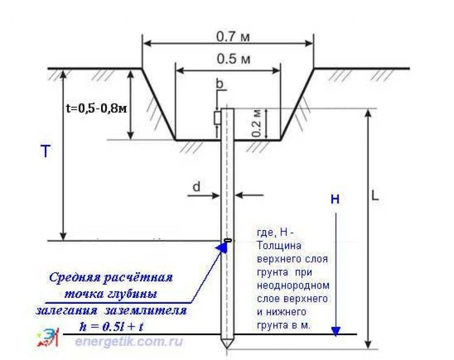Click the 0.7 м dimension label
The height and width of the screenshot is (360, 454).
[233, 37]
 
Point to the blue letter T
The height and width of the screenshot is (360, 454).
[46, 152]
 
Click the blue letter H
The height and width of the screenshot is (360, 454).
[335, 200]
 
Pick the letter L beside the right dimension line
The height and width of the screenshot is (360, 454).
[375, 196]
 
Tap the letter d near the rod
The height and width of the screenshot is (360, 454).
[196, 188]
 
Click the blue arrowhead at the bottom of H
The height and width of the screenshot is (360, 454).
[336, 331]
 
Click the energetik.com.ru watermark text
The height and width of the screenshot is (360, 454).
[129, 341]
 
